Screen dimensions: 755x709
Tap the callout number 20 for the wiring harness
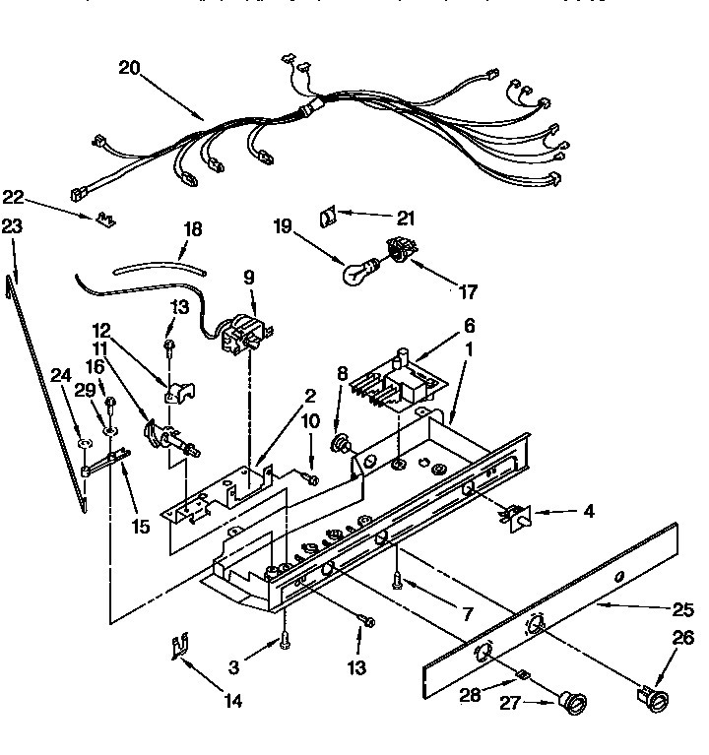(x=130, y=68)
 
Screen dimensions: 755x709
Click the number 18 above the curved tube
(x=193, y=228)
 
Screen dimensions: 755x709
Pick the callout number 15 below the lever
(x=140, y=527)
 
